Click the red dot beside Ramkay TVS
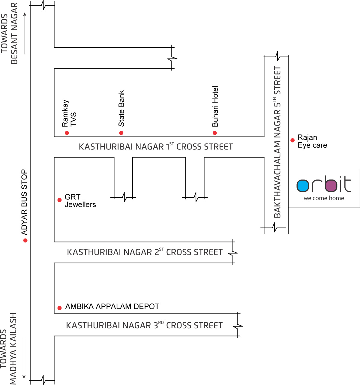tap(67, 133)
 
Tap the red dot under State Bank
tap(121, 133)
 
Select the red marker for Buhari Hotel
tap(215, 133)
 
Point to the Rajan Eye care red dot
tap(292, 140)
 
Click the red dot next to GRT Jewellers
tap(59, 200)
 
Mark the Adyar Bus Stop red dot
tap(25, 240)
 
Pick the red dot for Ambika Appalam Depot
tap(59, 308)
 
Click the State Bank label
tap(121, 108)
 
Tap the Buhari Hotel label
tap(215, 106)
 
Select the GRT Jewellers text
tap(80, 201)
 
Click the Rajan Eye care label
tap(312, 141)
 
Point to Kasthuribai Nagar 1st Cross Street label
tap(156, 147)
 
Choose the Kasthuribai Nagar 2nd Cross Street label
tap(145, 252)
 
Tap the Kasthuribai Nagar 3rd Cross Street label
tap(144, 325)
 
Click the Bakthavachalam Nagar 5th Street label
tap(277, 142)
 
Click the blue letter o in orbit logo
tap(303, 186)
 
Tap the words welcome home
tap(324, 198)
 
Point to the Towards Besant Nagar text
tap(9, 34)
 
